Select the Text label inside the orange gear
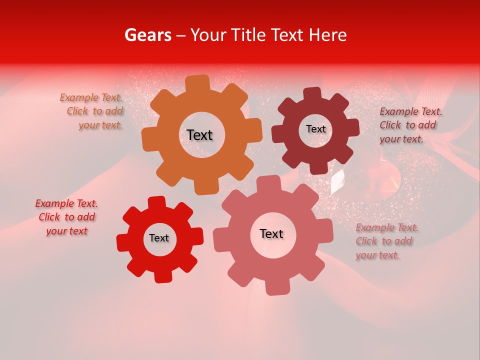[x=199, y=135]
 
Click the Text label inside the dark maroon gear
[x=315, y=129]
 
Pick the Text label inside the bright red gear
[x=159, y=238]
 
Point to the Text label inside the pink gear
[x=271, y=233]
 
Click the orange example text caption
[x=93, y=111]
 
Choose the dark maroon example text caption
[x=409, y=125]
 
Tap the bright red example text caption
[x=67, y=217]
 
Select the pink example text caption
[x=386, y=241]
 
